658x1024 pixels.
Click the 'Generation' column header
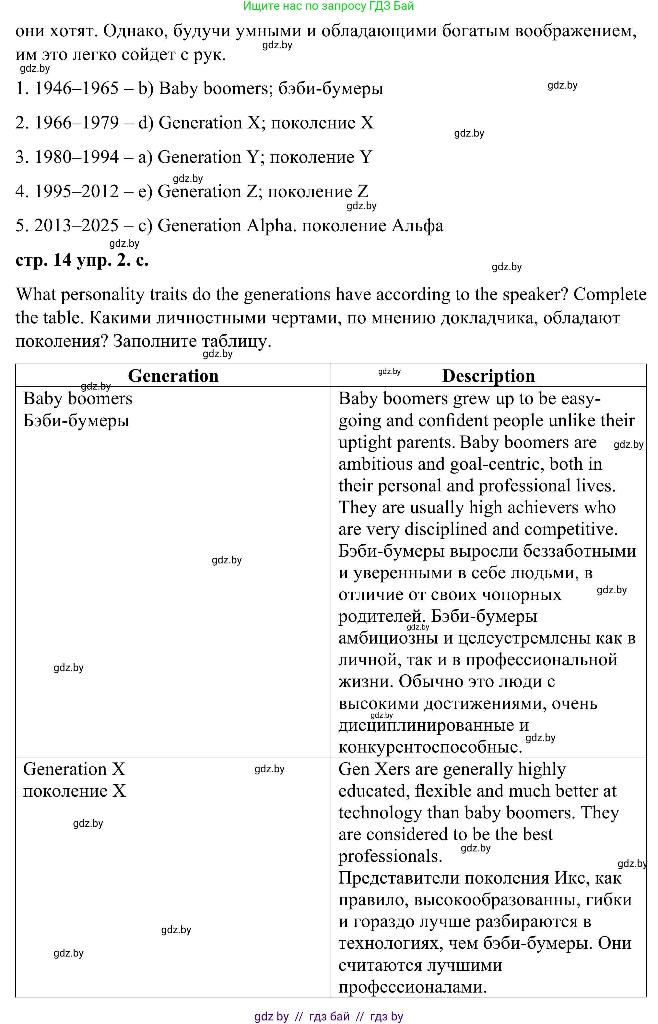173,376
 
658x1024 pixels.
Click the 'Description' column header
488,376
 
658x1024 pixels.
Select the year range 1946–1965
76,89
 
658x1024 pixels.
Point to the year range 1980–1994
76,157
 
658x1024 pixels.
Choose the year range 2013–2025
76,226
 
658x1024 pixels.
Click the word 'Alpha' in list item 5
269,226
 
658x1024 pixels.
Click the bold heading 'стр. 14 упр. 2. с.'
82,260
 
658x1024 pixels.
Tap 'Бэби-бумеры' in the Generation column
76,420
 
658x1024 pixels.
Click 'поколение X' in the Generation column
74,791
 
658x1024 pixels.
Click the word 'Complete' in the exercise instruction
610,295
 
